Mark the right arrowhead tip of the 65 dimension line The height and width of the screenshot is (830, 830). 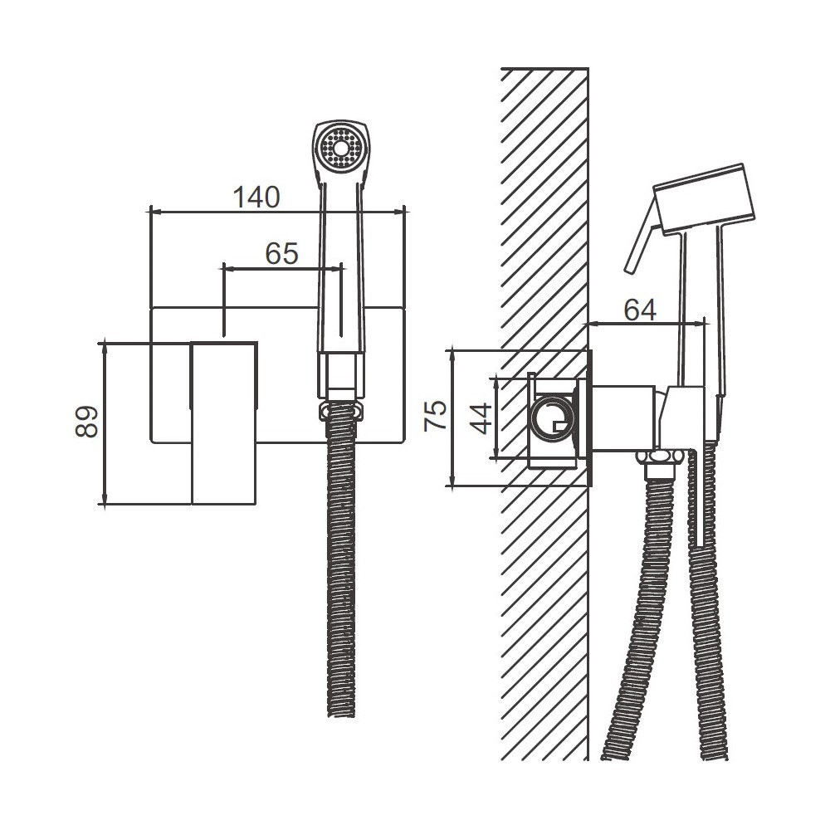341,269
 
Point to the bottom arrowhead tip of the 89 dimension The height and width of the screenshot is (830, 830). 105,505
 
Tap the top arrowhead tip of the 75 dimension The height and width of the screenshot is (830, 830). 452,350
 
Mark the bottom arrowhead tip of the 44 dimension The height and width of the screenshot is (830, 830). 496,458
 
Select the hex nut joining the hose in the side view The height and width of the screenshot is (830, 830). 660,458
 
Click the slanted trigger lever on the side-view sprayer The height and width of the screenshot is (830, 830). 642,237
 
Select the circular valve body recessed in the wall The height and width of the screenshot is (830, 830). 553,418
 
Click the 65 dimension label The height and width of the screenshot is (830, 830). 281,253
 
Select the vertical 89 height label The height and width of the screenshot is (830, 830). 86,422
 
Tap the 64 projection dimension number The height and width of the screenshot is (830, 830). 640,310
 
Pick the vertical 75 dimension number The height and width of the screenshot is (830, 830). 435,416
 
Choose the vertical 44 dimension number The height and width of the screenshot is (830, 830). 481,418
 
